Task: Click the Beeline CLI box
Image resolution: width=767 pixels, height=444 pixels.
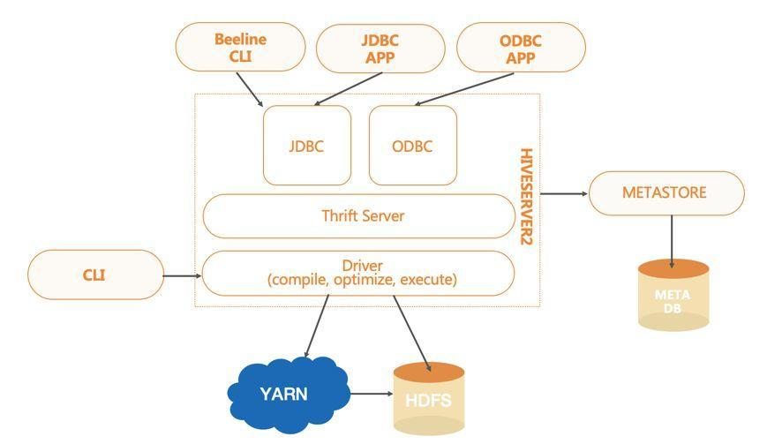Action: click(240, 47)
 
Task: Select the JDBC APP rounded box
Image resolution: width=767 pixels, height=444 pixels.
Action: click(380, 48)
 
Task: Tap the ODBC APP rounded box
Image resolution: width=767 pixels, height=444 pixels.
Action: click(520, 47)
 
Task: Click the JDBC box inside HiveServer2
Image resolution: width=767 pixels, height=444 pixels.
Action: click(306, 146)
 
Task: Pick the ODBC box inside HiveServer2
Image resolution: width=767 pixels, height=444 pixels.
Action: click(412, 146)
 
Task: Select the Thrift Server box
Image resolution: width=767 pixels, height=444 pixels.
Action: click(358, 215)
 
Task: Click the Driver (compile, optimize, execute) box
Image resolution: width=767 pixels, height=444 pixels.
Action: click(358, 273)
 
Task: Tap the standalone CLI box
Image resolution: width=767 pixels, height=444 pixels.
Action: click(95, 275)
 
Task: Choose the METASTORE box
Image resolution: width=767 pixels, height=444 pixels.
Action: click(666, 193)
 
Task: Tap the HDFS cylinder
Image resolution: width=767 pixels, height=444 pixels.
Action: click(429, 399)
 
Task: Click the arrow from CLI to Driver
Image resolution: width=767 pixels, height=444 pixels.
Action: click(183, 275)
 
